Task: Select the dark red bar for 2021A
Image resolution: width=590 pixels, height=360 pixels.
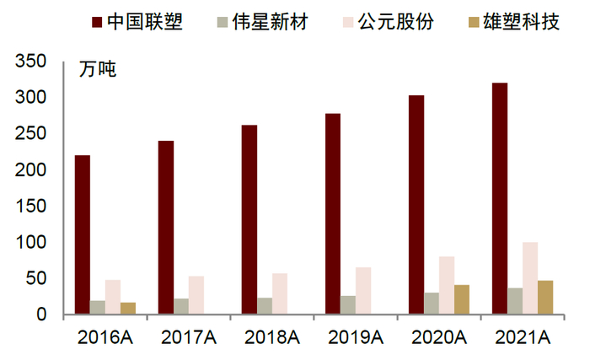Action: (x=500, y=199)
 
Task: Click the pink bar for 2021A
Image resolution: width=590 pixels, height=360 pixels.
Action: (x=530, y=278)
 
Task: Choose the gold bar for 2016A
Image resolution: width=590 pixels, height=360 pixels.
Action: (x=128, y=308)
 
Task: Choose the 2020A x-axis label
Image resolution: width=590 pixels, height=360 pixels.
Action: (x=438, y=337)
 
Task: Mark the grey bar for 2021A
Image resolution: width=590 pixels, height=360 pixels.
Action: (x=515, y=301)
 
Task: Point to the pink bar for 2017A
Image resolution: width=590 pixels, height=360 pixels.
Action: (x=196, y=295)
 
